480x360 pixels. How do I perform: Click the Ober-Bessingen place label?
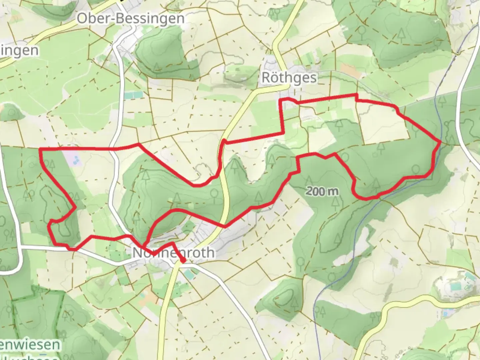click(x=130, y=18)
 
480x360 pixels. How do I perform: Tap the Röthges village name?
click(x=289, y=77)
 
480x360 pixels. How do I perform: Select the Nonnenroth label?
click(x=173, y=253)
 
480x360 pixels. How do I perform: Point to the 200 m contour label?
click(x=322, y=191)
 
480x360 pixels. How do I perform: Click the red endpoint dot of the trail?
click(x=183, y=260)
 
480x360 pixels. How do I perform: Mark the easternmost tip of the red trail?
click(x=441, y=142)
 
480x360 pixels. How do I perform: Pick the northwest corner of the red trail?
click(x=40, y=149)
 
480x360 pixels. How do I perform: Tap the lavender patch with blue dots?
click(x=75, y=160)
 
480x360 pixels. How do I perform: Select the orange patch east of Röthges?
click(x=349, y=71)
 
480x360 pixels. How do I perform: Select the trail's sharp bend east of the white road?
click(x=138, y=144)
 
